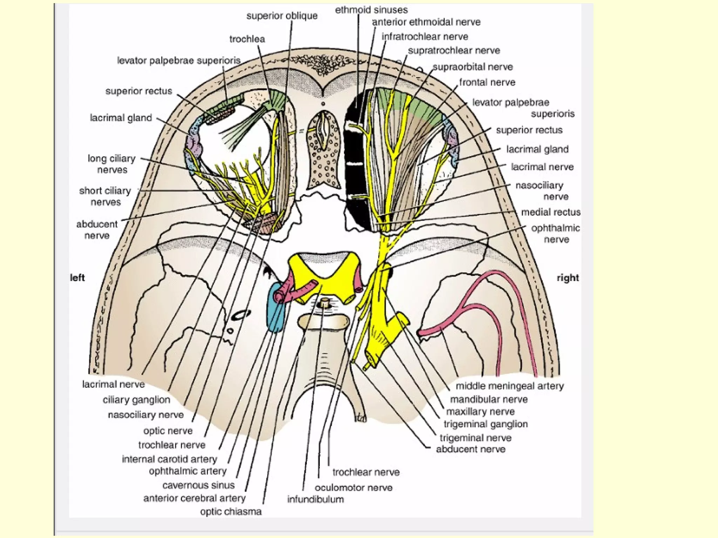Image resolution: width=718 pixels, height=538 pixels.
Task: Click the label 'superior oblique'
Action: coord(282,16)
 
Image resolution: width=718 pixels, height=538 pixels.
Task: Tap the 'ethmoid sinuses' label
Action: coord(371,10)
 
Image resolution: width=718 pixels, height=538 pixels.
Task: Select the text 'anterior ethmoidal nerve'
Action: coord(426,22)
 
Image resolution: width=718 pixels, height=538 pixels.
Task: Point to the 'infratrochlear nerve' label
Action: coord(425,37)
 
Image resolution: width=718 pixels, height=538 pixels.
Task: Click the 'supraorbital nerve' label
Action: coord(473,67)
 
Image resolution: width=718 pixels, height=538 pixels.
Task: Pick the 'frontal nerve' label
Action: coord(487,82)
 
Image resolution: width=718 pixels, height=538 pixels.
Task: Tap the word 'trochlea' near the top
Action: coord(247,39)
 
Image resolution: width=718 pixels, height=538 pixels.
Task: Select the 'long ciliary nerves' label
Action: coord(112,164)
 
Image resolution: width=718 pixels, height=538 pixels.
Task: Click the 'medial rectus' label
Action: coord(550,212)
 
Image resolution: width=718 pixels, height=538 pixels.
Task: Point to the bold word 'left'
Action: coord(77,278)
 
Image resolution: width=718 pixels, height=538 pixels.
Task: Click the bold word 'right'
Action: coord(568,278)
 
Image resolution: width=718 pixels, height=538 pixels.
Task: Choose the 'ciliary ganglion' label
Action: coord(136,400)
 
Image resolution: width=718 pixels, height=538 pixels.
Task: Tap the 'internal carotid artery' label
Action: coord(169,459)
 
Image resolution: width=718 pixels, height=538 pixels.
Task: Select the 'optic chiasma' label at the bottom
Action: coord(231,511)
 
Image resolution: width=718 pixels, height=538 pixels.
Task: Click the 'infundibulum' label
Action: coord(316,499)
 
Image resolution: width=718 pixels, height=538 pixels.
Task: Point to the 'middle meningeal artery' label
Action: coord(509,386)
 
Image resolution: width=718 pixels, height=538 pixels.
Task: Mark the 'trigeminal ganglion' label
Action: coord(486,424)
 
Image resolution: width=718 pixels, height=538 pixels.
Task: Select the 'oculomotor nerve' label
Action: coord(353,488)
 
